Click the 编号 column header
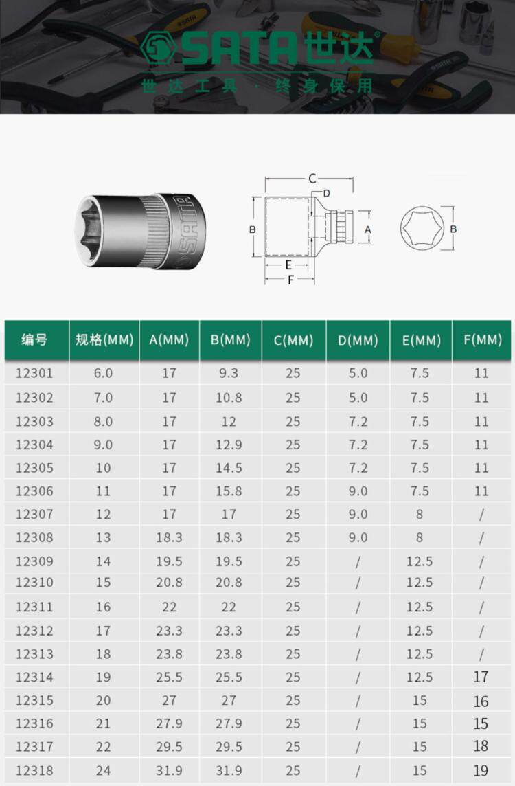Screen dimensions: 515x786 point(34,340)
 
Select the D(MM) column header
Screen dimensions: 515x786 point(358,340)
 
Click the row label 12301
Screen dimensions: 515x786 point(34,373)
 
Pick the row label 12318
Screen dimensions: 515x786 point(34,770)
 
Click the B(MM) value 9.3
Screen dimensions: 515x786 point(229,373)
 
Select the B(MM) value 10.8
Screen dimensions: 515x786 point(229,398)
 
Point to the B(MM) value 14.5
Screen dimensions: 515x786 point(229,468)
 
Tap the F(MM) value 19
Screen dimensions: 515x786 point(481,770)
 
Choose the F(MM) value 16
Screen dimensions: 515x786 point(481,701)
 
